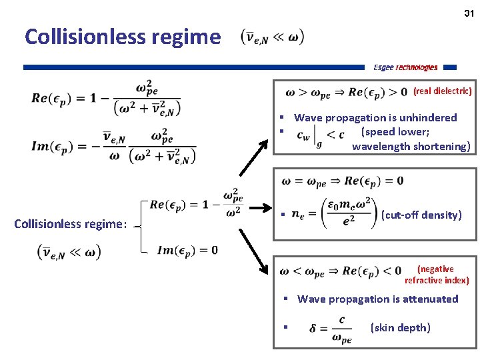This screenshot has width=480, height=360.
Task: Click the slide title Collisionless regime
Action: tap(122, 37)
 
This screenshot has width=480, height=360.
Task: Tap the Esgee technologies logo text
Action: tap(405, 67)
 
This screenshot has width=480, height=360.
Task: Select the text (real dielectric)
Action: tap(443, 91)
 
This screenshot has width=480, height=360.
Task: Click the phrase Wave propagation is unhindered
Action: tap(375, 118)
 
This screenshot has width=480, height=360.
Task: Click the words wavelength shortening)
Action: tap(411, 147)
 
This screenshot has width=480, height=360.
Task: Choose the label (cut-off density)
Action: tap(421, 215)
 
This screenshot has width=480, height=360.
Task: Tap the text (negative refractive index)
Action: tap(436, 275)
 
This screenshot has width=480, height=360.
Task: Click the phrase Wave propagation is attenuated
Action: tap(377, 299)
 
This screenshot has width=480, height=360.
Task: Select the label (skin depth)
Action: tap(400, 327)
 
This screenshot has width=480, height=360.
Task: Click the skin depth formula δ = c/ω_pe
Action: tap(331, 328)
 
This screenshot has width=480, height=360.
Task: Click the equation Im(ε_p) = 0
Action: tap(187, 250)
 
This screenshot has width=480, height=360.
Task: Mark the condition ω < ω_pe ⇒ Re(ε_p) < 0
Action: tap(341, 271)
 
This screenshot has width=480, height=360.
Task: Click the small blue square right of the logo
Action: tap(450, 67)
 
